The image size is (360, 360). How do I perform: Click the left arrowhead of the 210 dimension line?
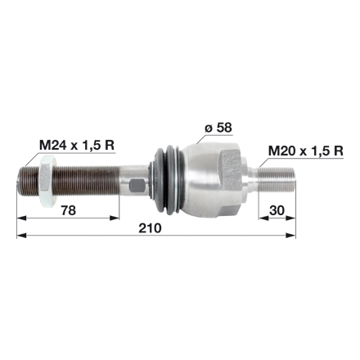point(20,235)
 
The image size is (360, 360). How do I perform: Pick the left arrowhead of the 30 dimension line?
point(263,218)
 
